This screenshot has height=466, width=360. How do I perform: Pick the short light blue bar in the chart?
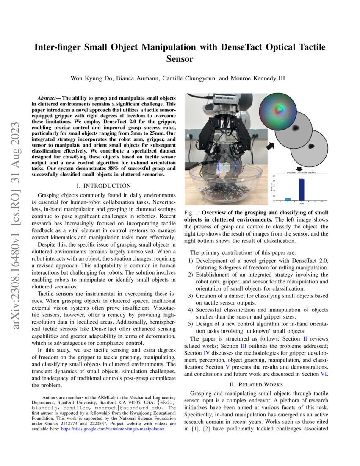288,199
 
